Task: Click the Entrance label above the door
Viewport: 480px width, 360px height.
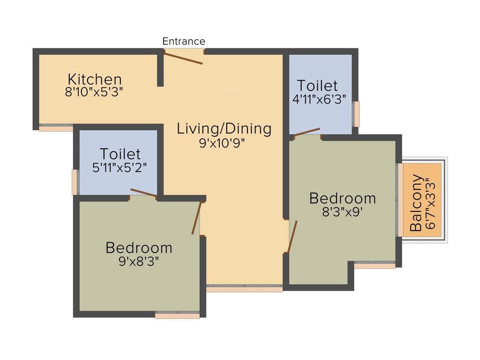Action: (x=183, y=41)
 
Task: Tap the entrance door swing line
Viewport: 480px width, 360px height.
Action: (x=183, y=58)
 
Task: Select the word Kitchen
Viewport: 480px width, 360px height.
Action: (x=95, y=79)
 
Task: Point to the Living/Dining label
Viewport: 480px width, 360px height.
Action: (x=224, y=128)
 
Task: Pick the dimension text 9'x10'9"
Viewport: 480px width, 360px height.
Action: (x=224, y=142)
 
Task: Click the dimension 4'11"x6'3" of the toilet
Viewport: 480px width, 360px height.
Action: (x=317, y=99)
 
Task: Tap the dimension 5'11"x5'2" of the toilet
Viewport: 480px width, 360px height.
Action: (x=120, y=167)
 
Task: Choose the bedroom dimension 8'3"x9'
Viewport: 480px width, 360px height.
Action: (x=342, y=212)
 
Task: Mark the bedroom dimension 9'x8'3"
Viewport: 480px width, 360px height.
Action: (x=139, y=261)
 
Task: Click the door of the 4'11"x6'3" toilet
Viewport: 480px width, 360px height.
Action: (x=307, y=132)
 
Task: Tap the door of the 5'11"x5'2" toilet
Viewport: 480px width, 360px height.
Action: (x=143, y=193)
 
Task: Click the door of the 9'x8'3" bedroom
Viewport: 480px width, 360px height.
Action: (x=196, y=217)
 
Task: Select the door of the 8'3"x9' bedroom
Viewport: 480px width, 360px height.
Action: (x=292, y=237)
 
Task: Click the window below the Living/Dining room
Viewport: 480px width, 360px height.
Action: (x=244, y=288)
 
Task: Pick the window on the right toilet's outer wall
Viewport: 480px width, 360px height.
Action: (x=356, y=114)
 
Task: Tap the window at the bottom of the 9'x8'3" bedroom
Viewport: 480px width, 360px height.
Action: (x=177, y=315)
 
